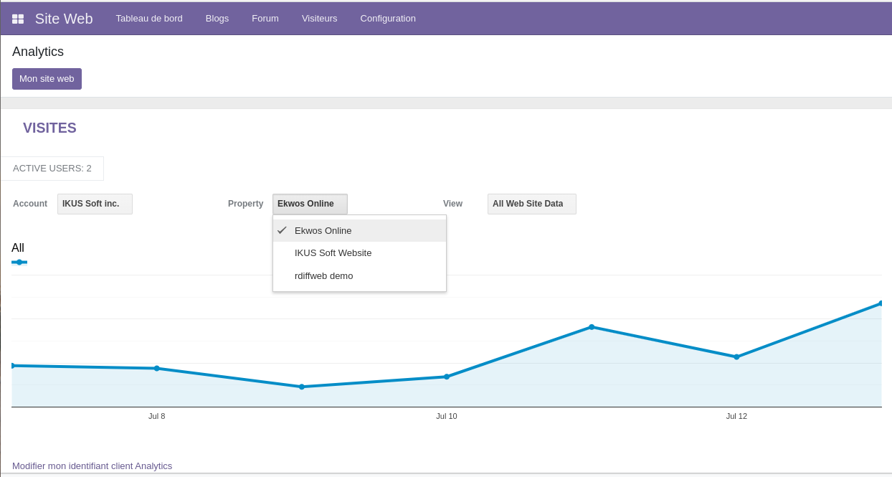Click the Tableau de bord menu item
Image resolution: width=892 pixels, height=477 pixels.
(149, 18)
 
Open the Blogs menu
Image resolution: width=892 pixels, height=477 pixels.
(217, 18)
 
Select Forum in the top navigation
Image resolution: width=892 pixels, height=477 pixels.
(265, 18)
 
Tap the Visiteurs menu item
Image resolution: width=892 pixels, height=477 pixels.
(319, 18)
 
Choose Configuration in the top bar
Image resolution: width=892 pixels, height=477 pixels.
(388, 18)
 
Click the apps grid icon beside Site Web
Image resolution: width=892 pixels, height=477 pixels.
(18, 19)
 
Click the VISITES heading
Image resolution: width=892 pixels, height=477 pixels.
(49, 128)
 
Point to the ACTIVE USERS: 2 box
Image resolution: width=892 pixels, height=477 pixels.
(52, 169)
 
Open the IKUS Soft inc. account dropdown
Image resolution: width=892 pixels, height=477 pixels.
(95, 204)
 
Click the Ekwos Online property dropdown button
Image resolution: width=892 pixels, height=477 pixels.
(310, 204)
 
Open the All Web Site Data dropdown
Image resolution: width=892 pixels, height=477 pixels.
(531, 204)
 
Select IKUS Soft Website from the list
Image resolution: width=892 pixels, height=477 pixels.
(333, 253)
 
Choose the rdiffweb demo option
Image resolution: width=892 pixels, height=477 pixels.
(323, 275)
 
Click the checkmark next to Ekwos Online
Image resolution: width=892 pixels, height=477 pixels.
(282, 230)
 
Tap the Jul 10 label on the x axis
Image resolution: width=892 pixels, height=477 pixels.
(446, 416)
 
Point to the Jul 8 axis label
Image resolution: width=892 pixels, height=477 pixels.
(156, 416)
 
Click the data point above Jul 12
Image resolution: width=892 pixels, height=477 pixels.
(736, 356)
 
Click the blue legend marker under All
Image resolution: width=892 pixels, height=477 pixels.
(19, 263)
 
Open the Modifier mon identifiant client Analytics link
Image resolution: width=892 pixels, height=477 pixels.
(92, 466)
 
